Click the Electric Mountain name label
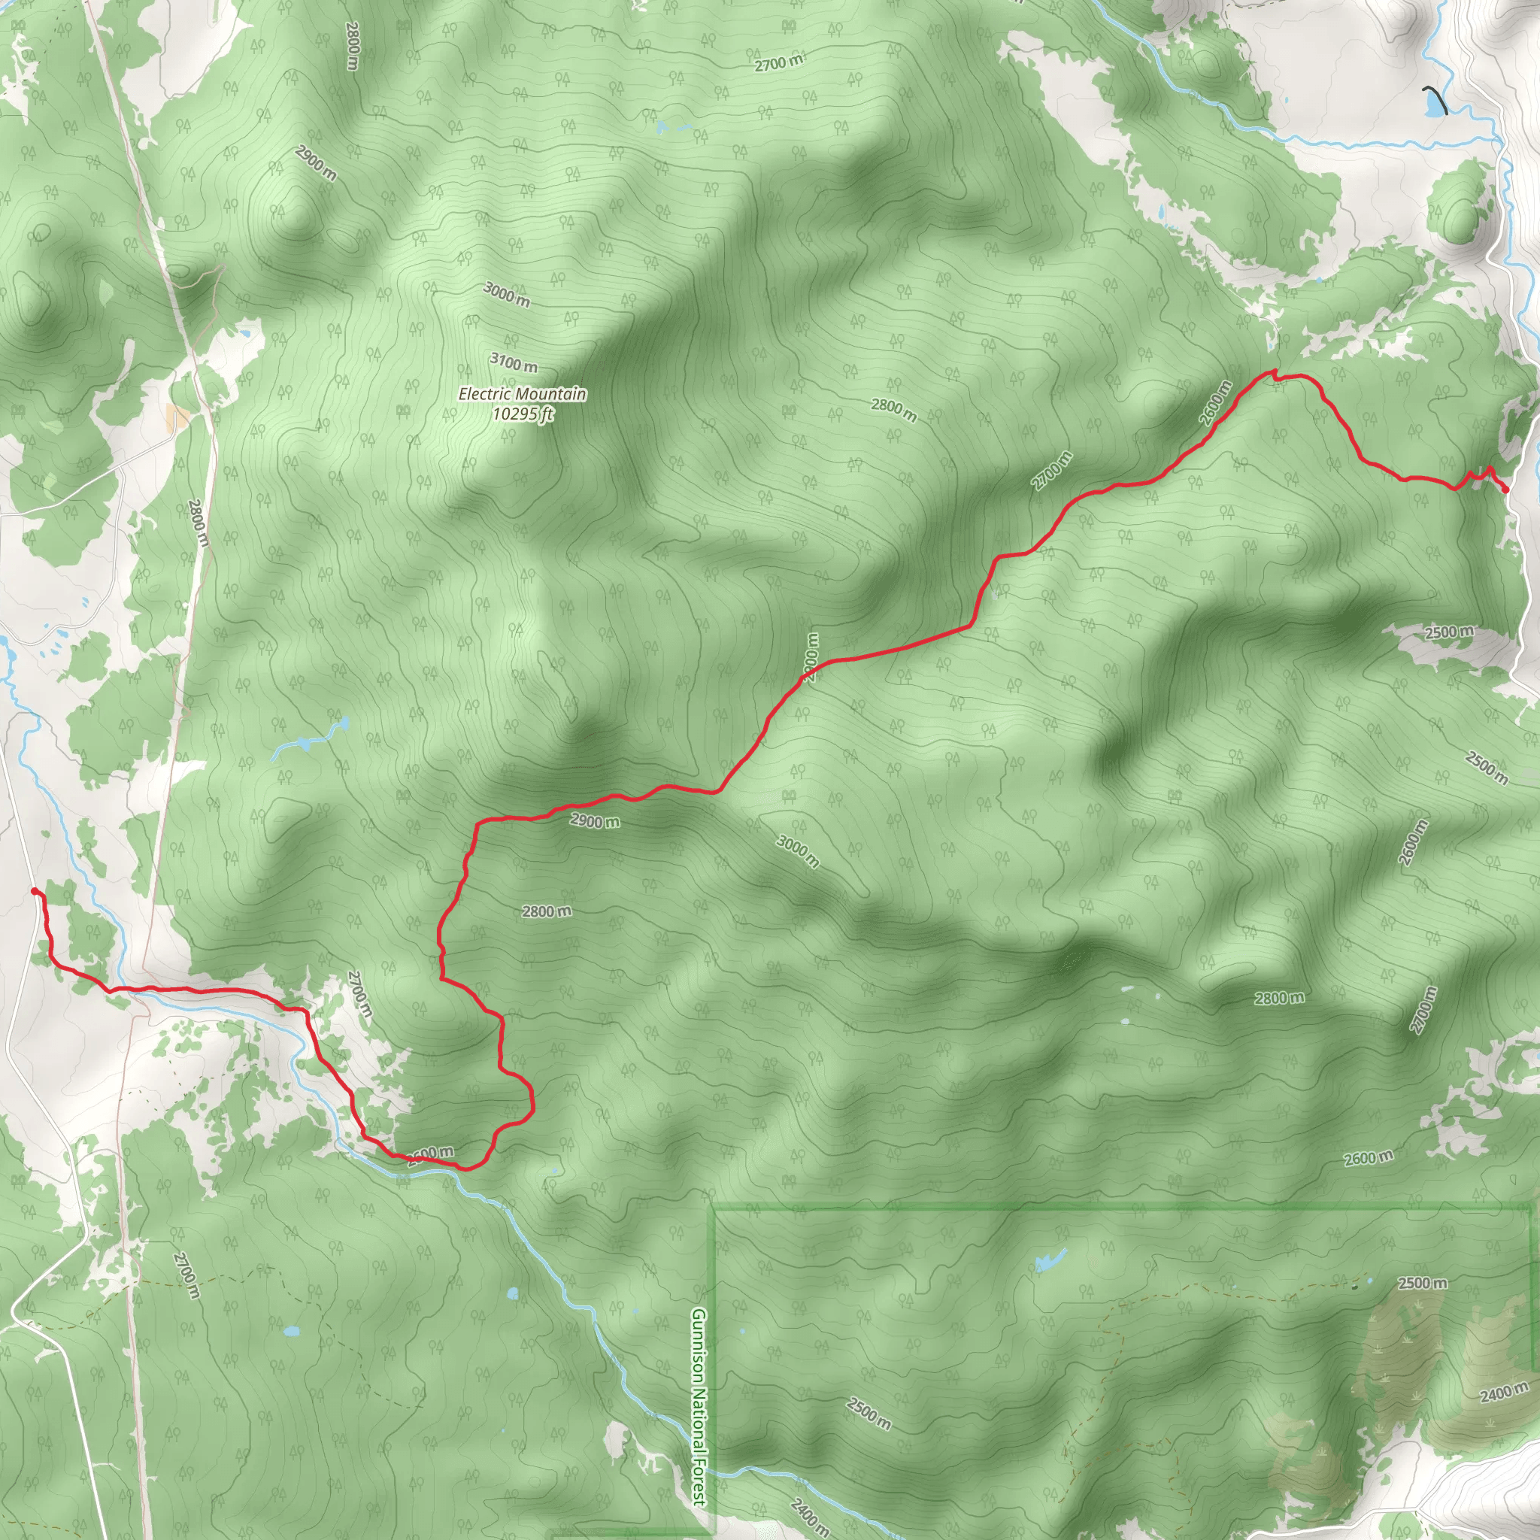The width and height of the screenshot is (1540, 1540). (x=522, y=394)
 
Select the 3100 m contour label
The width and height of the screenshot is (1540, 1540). (x=514, y=363)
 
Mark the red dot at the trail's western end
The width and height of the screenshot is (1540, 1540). (x=35, y=891)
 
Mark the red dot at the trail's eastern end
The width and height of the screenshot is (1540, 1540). (x=1504, y=489)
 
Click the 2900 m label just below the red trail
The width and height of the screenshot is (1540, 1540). (x=594, y=820)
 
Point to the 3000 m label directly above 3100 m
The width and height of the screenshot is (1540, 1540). (x=506, y=294)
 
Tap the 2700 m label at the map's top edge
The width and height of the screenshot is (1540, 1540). (x=779, y=63)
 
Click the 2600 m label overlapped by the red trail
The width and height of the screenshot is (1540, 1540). (x=431, y=1153)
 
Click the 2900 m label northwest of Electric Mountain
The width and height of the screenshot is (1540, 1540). (x=316, y=162)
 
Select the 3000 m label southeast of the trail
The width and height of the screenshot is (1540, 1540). (x=797, y=850)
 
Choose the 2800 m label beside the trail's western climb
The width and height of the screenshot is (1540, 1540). (x=547, y=911)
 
